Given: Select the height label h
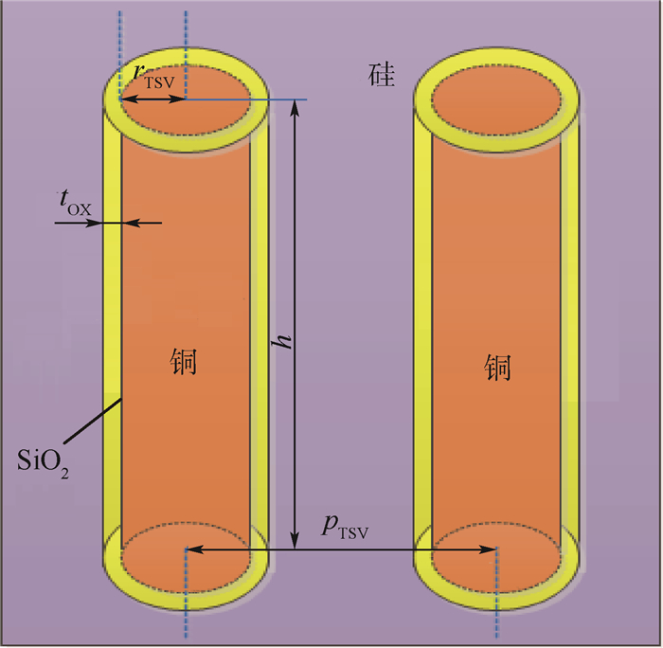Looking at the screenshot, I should click(x=281, y=341).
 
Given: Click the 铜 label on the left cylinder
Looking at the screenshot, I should click(x=186, y=363).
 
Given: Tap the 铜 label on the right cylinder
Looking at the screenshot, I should click(x=497, y=367).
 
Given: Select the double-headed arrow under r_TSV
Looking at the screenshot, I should click(x=152, y=99).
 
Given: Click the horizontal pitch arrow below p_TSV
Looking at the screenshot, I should click(x=341, y=549).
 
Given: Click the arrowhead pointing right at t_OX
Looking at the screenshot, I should click(x=96, y=223).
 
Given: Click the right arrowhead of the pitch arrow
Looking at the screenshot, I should click(x=492, y=549).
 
